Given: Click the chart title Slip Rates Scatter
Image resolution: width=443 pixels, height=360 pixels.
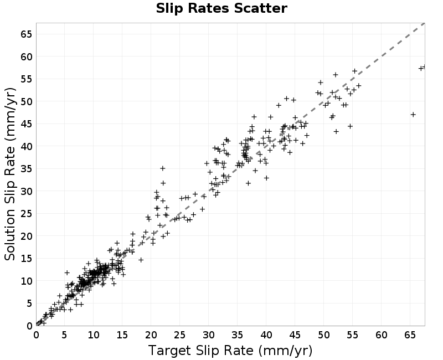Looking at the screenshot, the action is [221, 8].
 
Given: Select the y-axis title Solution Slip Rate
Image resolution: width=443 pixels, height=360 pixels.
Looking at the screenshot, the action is [10, 174].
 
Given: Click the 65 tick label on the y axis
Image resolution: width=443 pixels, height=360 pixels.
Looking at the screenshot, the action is [26, 34].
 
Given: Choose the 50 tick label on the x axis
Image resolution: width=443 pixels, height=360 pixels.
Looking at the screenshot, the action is [323, 335].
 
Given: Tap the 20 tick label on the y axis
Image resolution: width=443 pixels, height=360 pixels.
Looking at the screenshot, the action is [26, 236].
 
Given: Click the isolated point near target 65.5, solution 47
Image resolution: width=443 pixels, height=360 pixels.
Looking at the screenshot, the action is [413, 115].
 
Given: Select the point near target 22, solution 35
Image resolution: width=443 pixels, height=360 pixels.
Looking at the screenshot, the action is [162, 168].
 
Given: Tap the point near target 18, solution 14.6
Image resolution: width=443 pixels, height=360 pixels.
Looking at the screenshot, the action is [141, 260].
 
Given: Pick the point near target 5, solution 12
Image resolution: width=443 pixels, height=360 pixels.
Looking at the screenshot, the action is [67, 272].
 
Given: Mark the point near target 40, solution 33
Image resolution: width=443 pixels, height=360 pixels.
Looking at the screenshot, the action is [266, 178].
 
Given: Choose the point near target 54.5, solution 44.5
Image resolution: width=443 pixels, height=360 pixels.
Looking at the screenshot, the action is [350, 126].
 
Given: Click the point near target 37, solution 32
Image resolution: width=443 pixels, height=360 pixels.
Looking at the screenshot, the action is [248, 183].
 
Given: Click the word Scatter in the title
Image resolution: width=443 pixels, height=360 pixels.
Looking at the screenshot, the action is [260, 8].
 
